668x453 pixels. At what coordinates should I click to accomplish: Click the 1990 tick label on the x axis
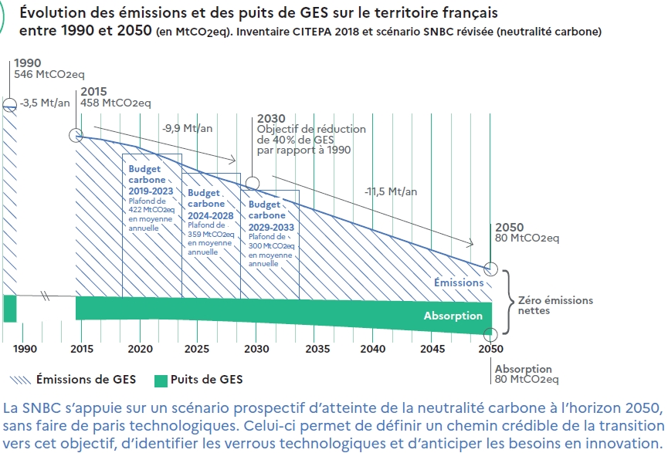pyautogui.click(x=24, y=349)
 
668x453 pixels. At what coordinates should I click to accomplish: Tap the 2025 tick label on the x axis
pyautogui.click(x=197, y=349)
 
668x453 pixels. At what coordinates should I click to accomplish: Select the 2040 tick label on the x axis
pyautogui.click(x=372, y=349)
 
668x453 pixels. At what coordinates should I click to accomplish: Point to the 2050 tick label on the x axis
pyautogui.click(x=490, y=349)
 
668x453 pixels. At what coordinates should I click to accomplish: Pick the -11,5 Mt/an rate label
pyautogui.click(x=392, y=191)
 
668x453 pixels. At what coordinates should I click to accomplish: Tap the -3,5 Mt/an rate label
pyautogui.click(x=43, y=103)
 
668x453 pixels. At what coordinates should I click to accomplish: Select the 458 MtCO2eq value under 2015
pyautogui.click(x=115, y=102)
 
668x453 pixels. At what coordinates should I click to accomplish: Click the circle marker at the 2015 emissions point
pyautogui.click(x=76, y=136)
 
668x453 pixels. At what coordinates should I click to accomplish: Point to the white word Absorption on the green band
pyautogui.click(x=453, y=316)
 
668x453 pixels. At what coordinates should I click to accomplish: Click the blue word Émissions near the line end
pyautogui.click(x=459, y=282)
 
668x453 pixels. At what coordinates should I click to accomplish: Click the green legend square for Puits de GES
pyautogui.click(x=161, y=379)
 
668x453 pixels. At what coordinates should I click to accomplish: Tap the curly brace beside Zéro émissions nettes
pyautogui.click(x=508, y=301)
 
